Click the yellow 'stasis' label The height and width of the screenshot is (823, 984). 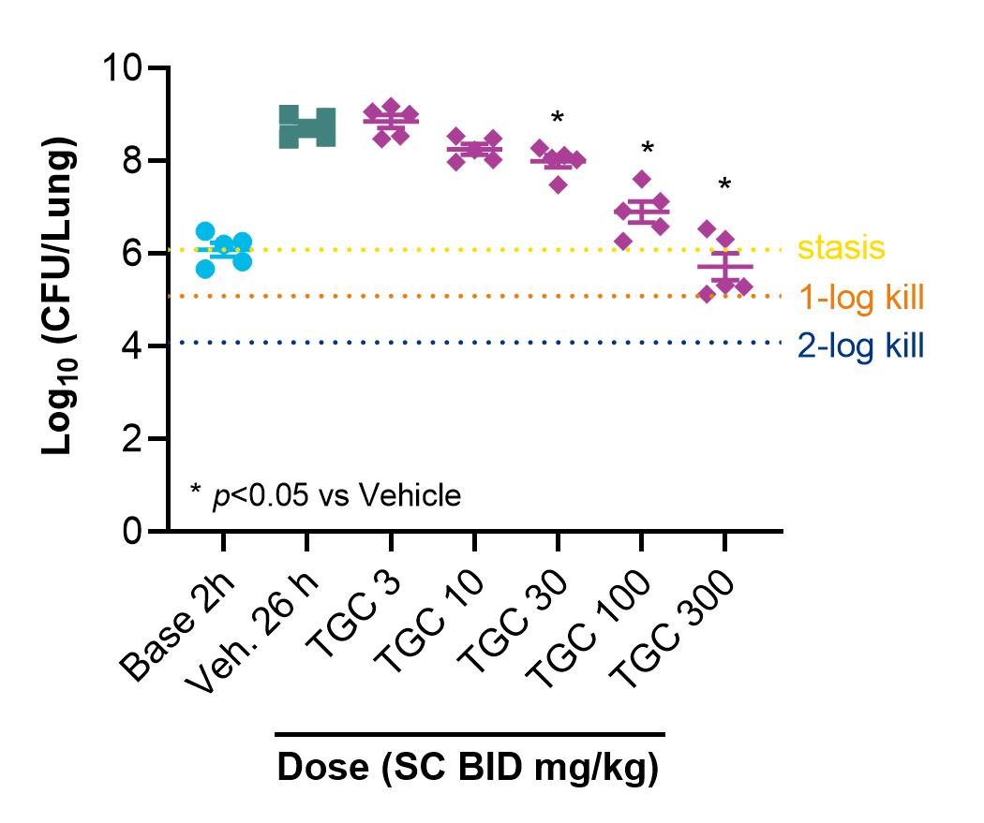click(x=841, y=247)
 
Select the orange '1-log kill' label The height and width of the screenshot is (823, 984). click(x=861, y=297)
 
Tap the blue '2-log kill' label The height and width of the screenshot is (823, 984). click(x=861, y=346)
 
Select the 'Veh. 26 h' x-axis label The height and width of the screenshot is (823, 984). click(x=252, y=633)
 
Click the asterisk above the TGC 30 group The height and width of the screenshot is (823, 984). click(x=558, y=118)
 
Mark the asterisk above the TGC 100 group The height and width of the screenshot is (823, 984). click(x=648, y=149)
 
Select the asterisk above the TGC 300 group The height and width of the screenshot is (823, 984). click(x=724, y=184)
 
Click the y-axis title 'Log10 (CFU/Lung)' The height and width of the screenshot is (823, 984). click(x=59, y=295)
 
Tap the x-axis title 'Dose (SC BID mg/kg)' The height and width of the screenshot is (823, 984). click(x=469, y=767)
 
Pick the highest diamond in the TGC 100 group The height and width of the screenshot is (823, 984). click(x=641, y=179)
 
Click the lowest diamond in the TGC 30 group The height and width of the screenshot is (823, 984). click(x=559, y=184)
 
